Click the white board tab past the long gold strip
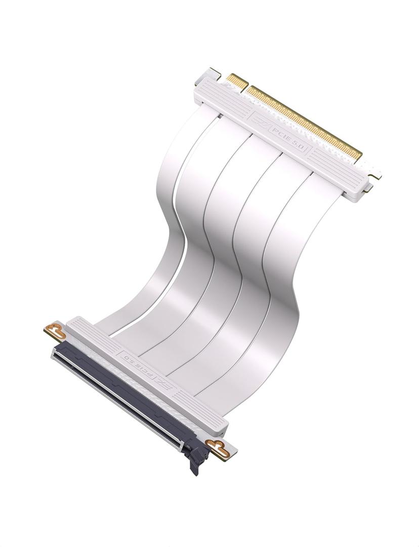pyautogui.click(x=372, y=170)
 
